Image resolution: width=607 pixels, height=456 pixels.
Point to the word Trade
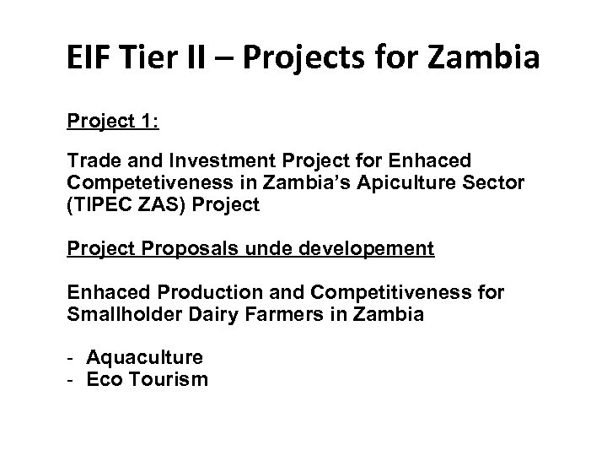point(92,160)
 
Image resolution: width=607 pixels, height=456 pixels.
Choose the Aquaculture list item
point(145,357)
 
